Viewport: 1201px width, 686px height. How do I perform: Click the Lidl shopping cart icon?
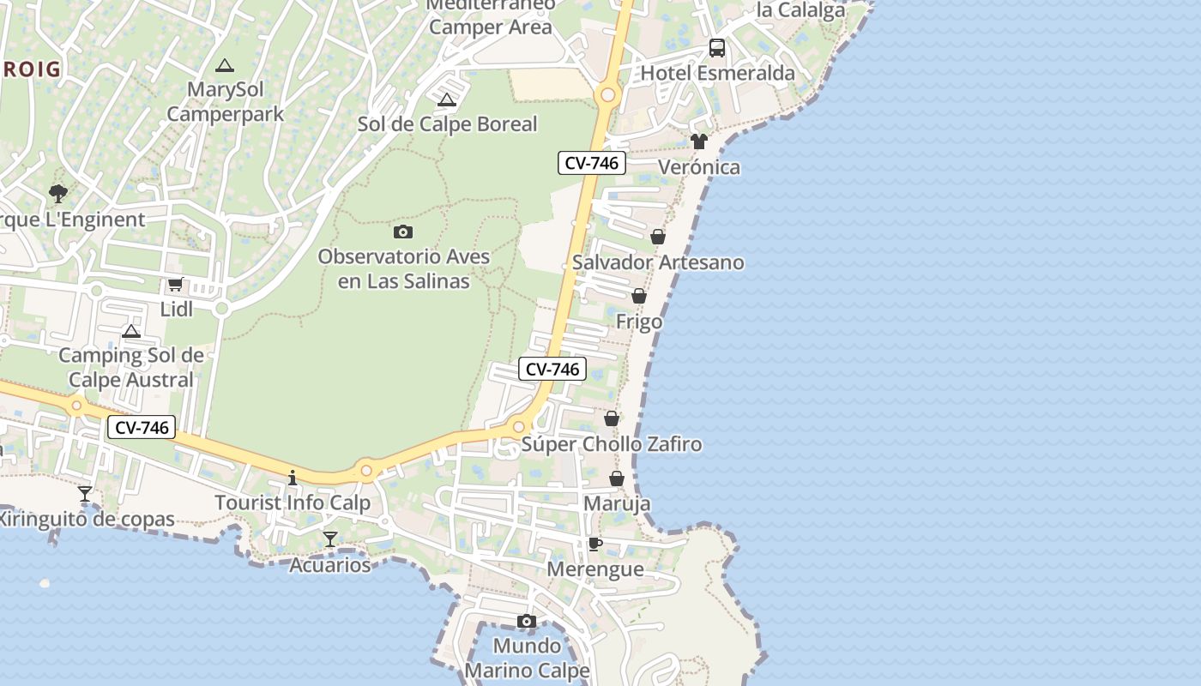point(175,284)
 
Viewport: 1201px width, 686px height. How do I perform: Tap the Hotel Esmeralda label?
point(717,73)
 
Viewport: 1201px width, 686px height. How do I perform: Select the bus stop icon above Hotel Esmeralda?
point(717,48)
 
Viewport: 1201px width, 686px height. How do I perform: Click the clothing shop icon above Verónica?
point(699,141)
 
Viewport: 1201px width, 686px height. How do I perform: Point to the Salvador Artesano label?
point(658,262)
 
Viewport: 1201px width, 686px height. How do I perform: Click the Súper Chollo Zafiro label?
point(612,444)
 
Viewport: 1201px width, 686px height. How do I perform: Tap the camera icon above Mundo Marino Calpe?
point(527,621)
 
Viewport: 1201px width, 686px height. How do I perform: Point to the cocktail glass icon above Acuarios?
point(329,539)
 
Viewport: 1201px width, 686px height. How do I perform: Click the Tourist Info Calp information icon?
point(293,478)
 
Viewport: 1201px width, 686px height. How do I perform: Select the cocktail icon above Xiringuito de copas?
point(85,494)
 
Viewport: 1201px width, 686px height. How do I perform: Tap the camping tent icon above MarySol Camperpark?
point(225,65)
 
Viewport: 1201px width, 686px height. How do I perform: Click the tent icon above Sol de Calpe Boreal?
point(446,100)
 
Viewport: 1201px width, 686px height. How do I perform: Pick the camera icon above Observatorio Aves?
point(403,232)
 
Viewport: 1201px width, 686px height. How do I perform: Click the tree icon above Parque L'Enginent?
point(58,194)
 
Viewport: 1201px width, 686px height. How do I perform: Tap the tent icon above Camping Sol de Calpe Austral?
point(131,331)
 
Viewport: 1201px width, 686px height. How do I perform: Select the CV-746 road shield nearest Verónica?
point(592,163)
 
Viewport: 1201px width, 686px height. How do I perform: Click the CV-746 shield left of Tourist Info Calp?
point(142,427)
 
